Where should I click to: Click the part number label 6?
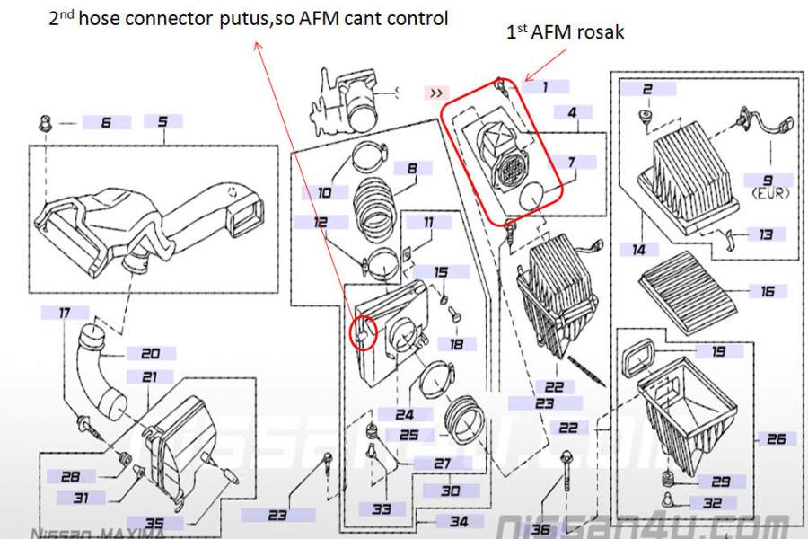[x=106, y=122]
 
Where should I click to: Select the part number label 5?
[x=162, y=121]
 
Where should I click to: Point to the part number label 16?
[x=767, y=291]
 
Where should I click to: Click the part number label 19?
[x=719, y=352]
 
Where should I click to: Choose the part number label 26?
[x=776, y=438]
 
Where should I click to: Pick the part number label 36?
[x=540, y=529]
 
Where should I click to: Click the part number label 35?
[x=154, y=523]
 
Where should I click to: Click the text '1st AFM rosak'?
[x=566, y=32]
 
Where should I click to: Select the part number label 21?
[x=149, y=377]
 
